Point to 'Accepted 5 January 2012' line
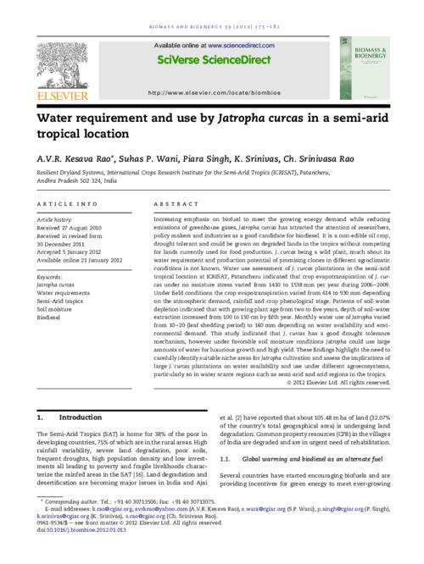(76, 250)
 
